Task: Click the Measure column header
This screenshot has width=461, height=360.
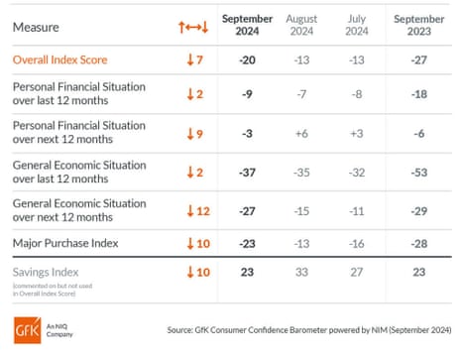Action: tap(37, 27)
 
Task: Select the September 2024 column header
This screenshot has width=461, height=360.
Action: tap(248, 27)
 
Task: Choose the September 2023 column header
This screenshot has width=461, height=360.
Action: tap(420, 27)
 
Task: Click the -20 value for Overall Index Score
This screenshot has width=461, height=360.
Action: tap(248, 60)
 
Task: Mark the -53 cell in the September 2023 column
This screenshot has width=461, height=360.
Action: tap(420, 172)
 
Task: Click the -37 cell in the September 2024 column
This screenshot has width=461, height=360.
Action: tap(248, 172)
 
